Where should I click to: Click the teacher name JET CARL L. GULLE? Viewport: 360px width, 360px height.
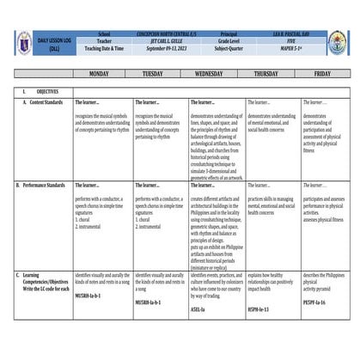coord(165,40)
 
